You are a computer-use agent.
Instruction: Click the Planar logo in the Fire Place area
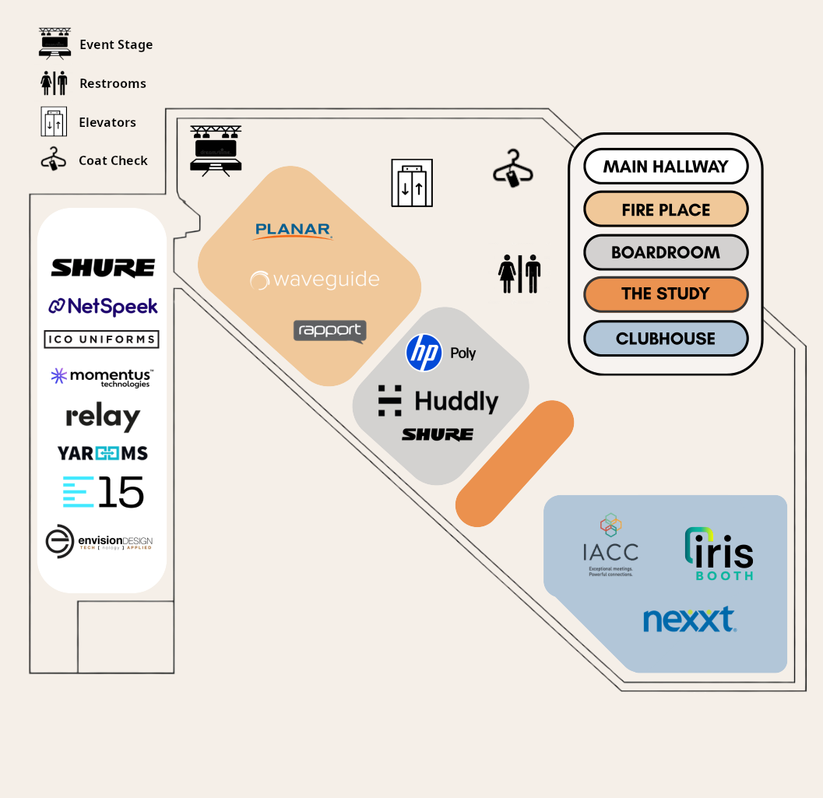[x=294, y=230]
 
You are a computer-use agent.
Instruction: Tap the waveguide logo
[x=315, y=280]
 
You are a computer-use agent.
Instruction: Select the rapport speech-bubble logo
[x=329, y=331]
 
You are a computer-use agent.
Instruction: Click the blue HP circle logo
[x=424, y=353]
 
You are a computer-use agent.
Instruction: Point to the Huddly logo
[x=438, y=401]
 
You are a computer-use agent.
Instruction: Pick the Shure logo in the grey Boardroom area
[x=438, y=434]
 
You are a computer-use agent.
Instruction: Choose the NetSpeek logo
[x=103, y=306]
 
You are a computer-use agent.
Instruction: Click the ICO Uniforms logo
[x=102, y=339]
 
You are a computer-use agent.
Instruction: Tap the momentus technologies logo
[x=102, y=378]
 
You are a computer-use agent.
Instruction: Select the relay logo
[x=103, y=417]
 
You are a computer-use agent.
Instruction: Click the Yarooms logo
[x=103, y=453]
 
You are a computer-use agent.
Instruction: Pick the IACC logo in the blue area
[x=611, y=545]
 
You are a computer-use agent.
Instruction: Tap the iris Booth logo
[x=719, y=554]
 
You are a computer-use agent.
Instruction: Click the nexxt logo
[x=689, y=620]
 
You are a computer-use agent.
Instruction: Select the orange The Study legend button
[x=666, y=294]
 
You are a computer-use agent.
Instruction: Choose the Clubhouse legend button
[x=666, y=339]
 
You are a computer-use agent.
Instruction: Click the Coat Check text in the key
[x=113, y=160]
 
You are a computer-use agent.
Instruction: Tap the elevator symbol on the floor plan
[x=412, y=183]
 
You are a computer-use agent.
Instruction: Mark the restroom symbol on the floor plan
[x=519, y=273]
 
